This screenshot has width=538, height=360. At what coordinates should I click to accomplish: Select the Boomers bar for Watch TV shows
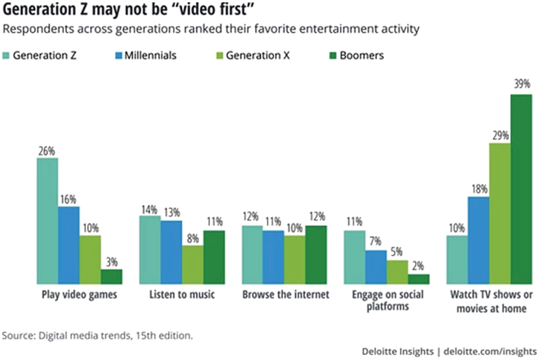pyautogui.click(x=521, y=189)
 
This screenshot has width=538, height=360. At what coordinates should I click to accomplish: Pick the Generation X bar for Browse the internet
pyautogui.click(x=295, y=260)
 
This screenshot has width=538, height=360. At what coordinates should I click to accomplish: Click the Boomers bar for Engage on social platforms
pyautogui.click(x=419, y=279)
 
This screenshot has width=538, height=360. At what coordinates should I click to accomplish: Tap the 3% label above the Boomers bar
pyautogui.click(x=111, y=262)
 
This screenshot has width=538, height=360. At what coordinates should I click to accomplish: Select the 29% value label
pyautogui.click(x=500, y=136)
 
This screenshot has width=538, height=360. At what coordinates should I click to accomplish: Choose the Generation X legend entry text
pyautogui.click(x=258, y=55)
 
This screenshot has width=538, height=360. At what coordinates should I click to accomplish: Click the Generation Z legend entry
pyautogui.click(x=44, y=55)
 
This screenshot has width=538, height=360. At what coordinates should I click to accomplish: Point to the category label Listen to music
pyautogui.click(x=182, y=295)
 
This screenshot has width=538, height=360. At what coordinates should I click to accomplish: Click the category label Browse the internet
pyautogui.click(x=285, y=295)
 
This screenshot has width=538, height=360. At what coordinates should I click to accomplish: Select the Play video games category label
pyautogui.click(x=80, y=295)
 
